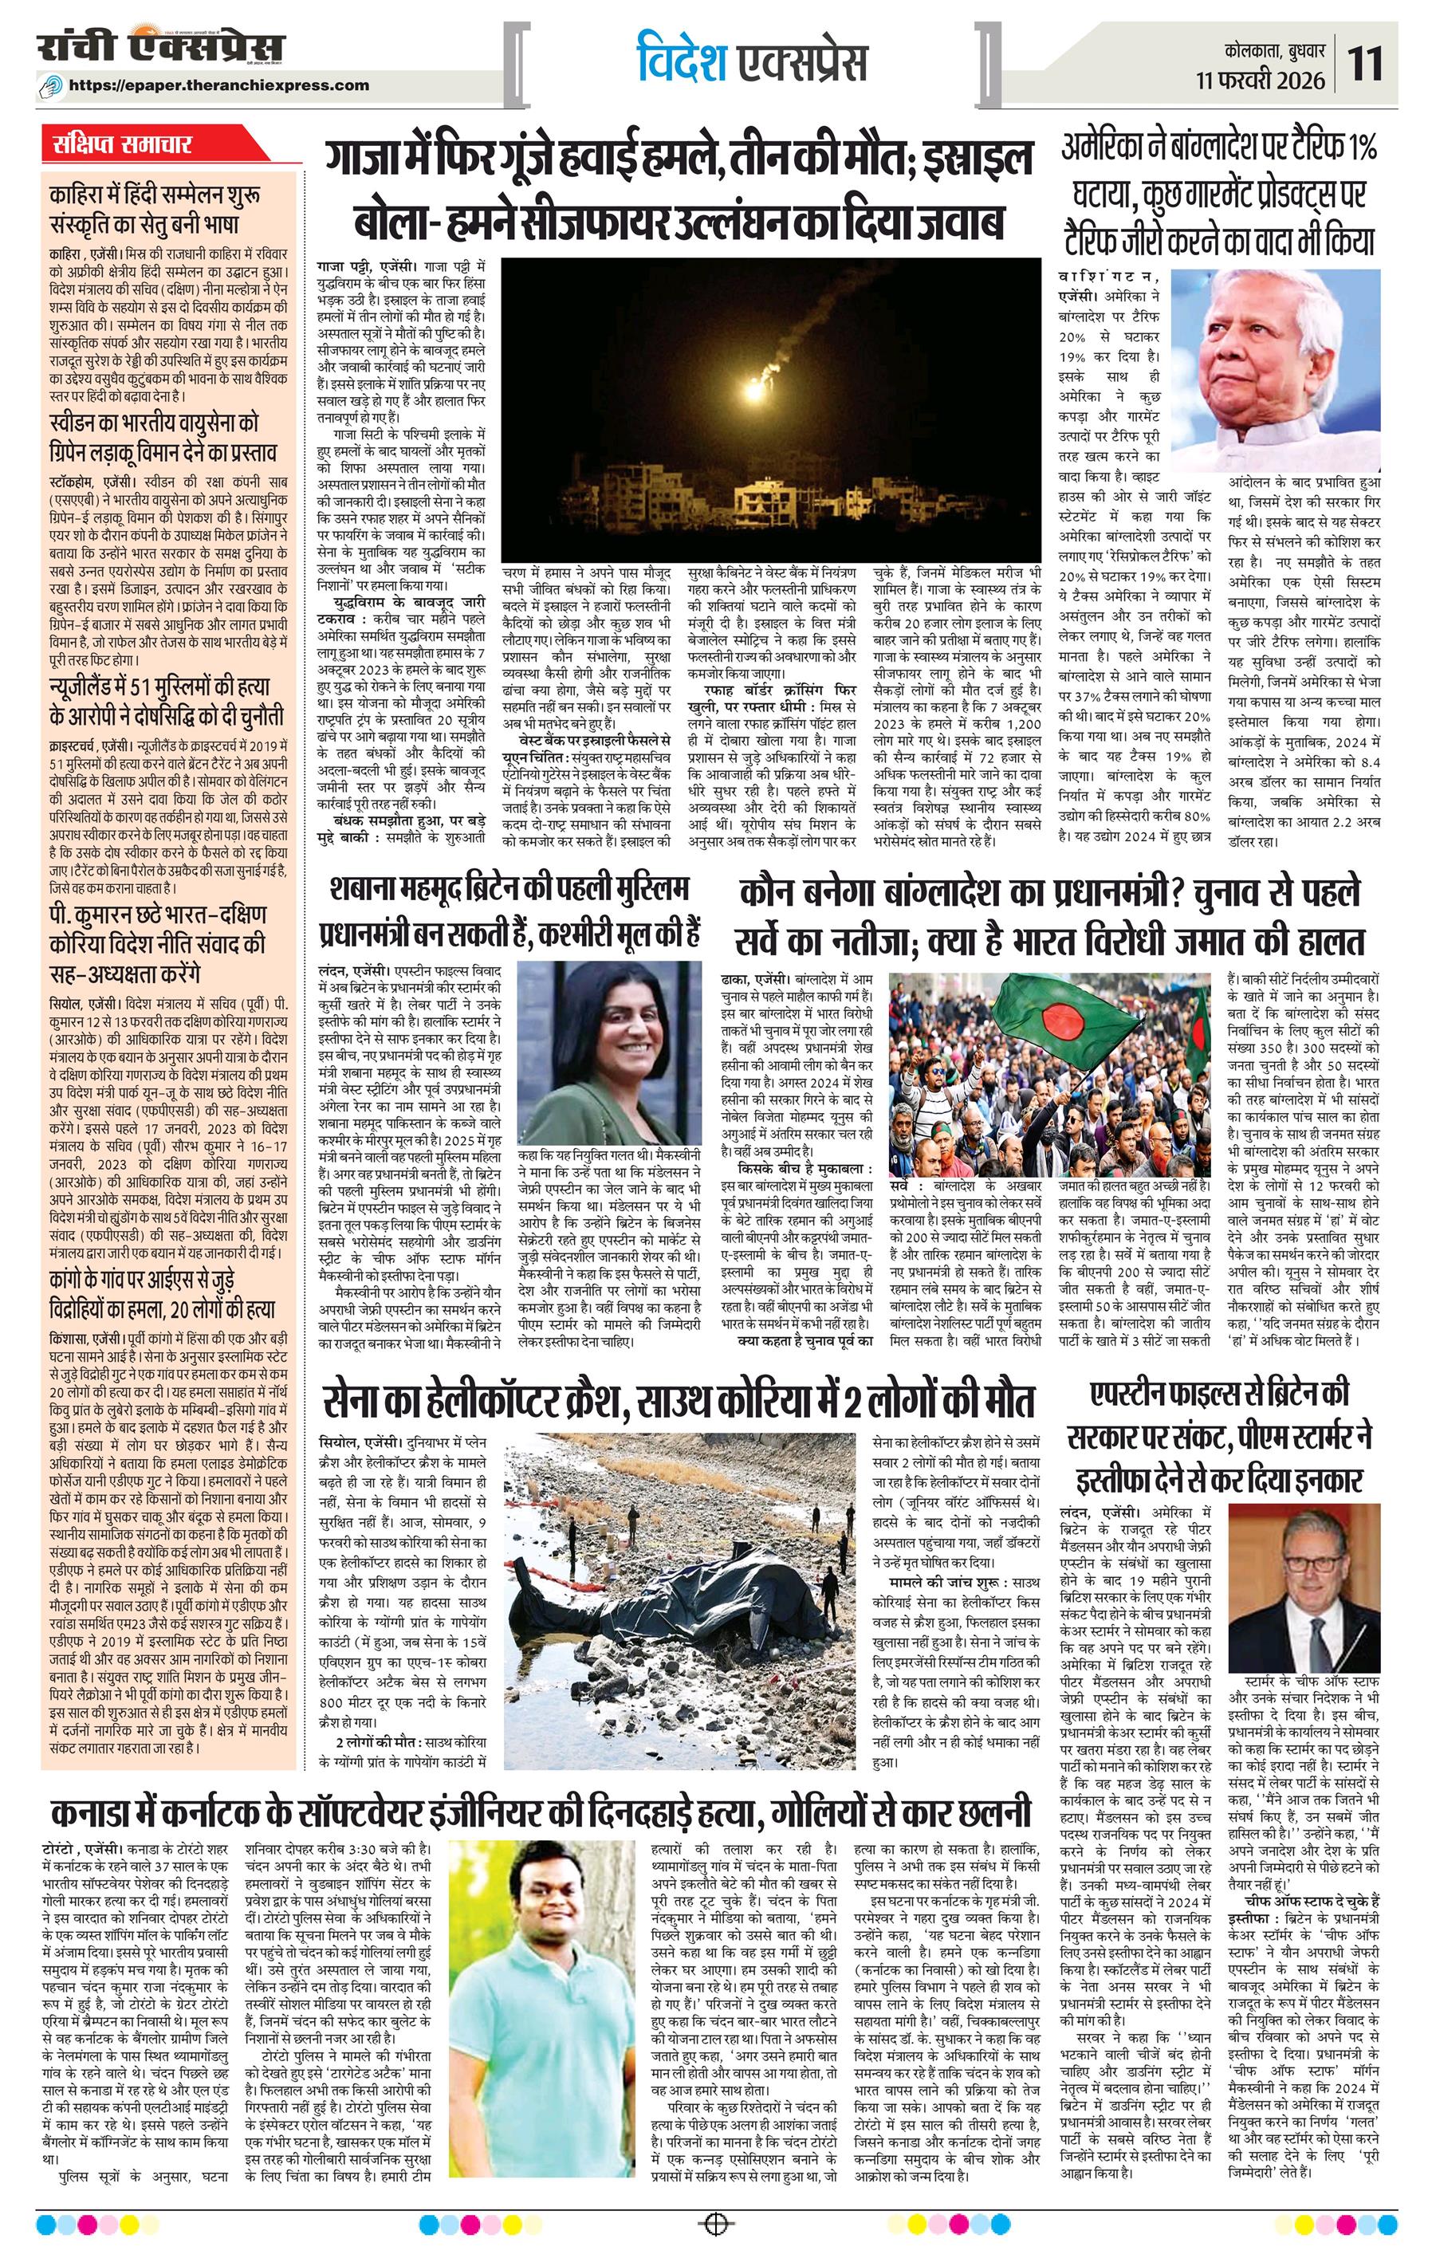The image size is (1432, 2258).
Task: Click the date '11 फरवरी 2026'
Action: click(1261, 81)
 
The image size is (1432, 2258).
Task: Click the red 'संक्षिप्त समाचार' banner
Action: click(123, 145)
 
